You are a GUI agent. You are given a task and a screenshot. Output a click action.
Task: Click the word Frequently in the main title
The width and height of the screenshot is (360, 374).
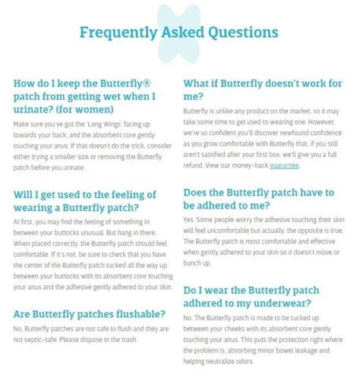(x=117, y=33)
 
